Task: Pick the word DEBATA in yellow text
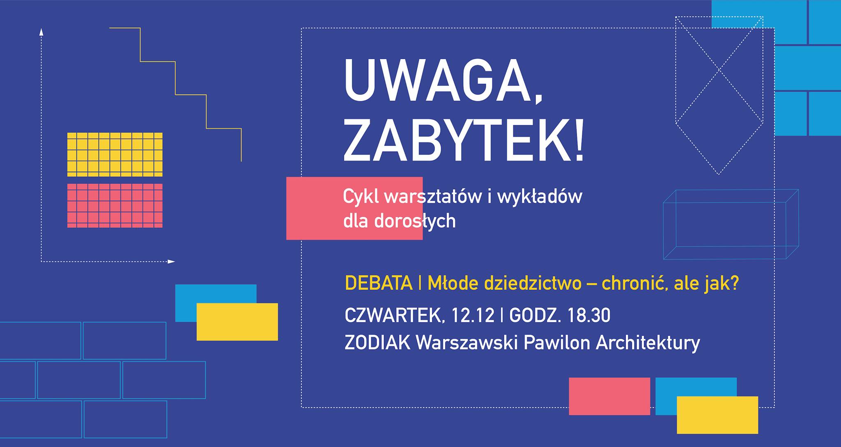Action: [379, 284]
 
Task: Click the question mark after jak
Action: [734, 284]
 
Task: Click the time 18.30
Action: [589, 316]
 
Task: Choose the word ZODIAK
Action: [377, 343]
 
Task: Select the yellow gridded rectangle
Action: [115, 154]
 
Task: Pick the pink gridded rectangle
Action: [115, 206]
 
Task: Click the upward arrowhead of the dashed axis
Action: [41, 32]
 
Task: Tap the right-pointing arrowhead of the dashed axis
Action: [172, 261]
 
